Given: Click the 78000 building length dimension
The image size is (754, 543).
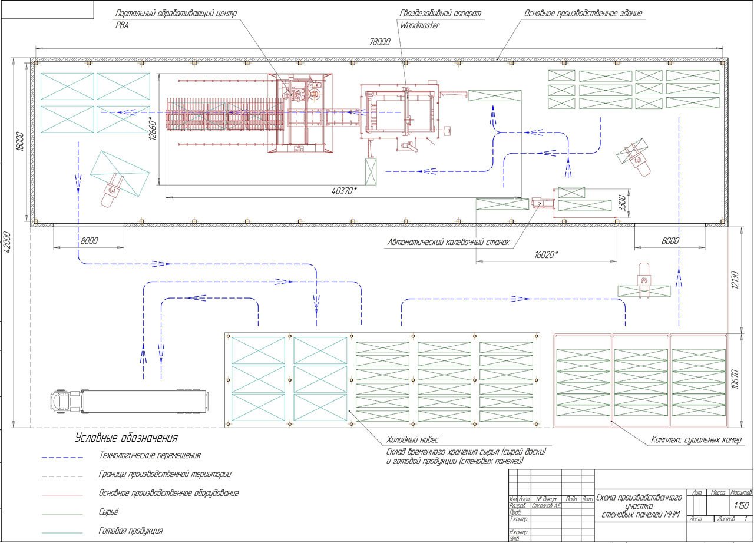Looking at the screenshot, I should (x=380, y=42).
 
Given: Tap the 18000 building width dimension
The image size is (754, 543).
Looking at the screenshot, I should (x=20, y=142).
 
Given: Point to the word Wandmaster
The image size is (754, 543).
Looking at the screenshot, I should (x=419, y=25).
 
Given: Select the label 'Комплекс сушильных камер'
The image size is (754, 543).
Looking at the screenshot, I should (x=696, y=440).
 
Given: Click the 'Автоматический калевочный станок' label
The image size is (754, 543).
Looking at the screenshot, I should (x=448, y=242).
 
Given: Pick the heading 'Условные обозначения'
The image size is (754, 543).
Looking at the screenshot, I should (x=126, y=438).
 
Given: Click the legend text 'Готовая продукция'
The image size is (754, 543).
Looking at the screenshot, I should (x=131, y=531).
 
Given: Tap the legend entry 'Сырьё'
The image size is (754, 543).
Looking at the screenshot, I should (x=108, y=512).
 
